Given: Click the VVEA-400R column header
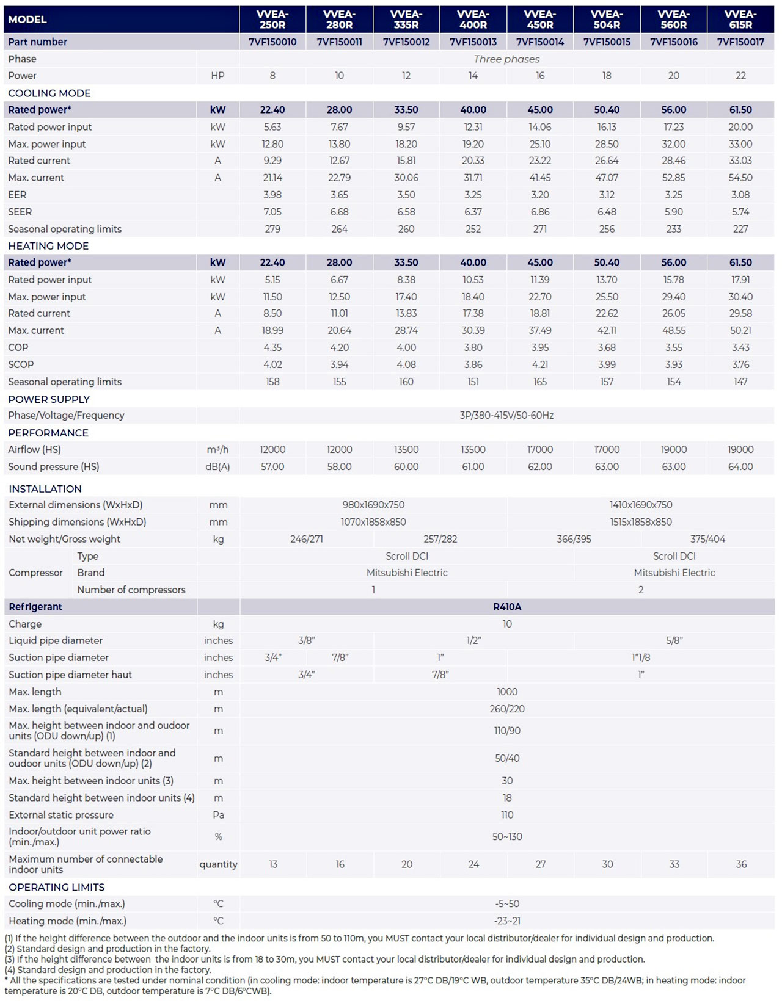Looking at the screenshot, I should pyautogui.click(x=473, y=20).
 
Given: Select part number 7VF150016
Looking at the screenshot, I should pyautogui.click(x=673, y=42).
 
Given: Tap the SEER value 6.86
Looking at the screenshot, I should pyautogui.click(x=540, y=212).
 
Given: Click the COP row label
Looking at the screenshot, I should pyautogui.click(x=18, y=347).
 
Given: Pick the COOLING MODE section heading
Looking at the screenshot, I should pyautogui.click(x=49, y=93).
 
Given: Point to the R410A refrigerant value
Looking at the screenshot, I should pyautogui.click(x=507, y=607).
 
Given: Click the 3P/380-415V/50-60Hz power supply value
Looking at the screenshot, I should pyautogui.click(x=506, y=415).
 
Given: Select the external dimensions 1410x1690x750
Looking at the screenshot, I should pyautogui.click(x=640, y=505).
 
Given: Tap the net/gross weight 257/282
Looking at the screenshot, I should pyautogui.click(x=440, y=539).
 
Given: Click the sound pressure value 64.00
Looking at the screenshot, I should pyautogui.click(x=740, y=466).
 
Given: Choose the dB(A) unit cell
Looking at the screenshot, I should pyautogui.click(x=217, y=466).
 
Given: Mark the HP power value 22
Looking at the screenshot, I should pyautogui.click(x=740, y=76).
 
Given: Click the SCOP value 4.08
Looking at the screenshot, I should pyautogui.click(x=406, y=364).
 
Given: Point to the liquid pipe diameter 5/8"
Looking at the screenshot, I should pyautogui.click(x=674, y=640).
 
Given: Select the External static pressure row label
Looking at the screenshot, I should pyautogui.click(x=61, y=815).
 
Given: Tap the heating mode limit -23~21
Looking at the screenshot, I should pyautogui.click(x=507, y=921).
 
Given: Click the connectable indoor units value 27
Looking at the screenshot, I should pyautogui.click(x=540, y=864).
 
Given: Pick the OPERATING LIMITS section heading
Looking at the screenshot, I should pyautogui.click(x=57, y=887).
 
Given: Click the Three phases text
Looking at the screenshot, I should pyautogui.click(x=506, y=59).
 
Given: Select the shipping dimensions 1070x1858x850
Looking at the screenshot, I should pyautogui.click(x=373, y=522).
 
